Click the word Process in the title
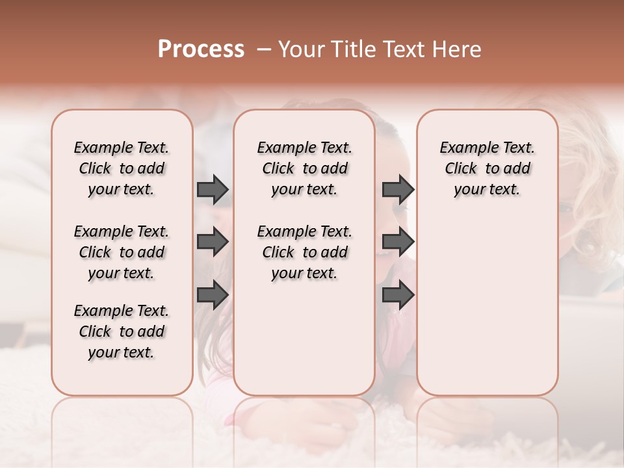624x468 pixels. pyautogui.click(x=201, y=49)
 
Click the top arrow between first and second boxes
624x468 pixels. pyautogui.click(x=213, y=189)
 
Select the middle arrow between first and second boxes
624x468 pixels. pyautogui.click(x=213, y=242)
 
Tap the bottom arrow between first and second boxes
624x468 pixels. pyautogui.click(x=213, y=296)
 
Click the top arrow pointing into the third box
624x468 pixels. pyautogui.click(x=398, y=189)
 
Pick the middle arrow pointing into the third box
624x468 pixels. pyautogui.click(x=398, y=242)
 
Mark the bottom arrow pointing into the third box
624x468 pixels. pyautogui.click(x=398, y=296)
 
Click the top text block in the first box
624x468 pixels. pyautogui.click(x=122, y=168)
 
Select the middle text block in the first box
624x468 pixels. pyautogui.click(x=122, y=252)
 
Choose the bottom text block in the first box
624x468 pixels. pyautogui.click(x=122, y=331)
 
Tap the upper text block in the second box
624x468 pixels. pyautogui.click(x=304, y=168)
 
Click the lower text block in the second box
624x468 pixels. pyautogui.click(x=304, y=252)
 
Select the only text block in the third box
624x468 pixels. pyautogui.click(x=487, y=168)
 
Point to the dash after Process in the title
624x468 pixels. pyautogui.click(x=264, y=49)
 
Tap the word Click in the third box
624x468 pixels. pyautogui.click(x=461, y=169)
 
